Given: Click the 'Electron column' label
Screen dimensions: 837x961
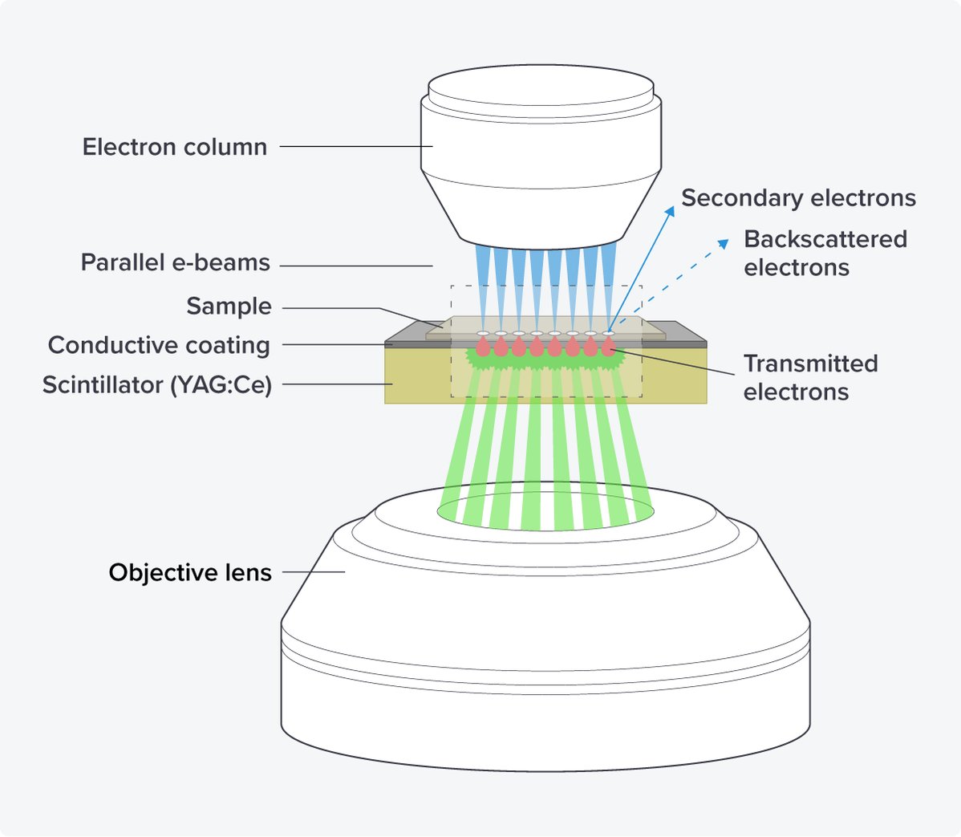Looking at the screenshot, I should pos(174,147).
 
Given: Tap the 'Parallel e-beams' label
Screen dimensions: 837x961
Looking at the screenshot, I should pos(175,263).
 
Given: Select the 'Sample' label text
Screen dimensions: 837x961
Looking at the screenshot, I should pos(229,307).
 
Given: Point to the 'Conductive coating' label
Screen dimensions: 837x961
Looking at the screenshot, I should pos(159,345).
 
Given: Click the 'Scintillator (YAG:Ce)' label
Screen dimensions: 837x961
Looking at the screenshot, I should pos(157,385).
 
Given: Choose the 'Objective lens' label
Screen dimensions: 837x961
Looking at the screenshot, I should pos(190,573).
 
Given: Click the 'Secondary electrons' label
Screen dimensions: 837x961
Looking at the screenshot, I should pos(798,198).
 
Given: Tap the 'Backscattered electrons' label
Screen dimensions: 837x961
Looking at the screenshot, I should pos(825,253).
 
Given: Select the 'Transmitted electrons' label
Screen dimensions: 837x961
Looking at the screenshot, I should pos(810,377).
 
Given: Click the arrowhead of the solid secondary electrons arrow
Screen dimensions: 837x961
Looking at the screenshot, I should pos(669,211).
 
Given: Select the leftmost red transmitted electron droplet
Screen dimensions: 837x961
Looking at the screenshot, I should pos(483,347).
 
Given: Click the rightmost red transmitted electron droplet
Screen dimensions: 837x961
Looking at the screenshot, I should pos(609,347).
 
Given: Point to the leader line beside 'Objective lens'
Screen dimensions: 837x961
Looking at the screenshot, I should pos(313,572).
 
